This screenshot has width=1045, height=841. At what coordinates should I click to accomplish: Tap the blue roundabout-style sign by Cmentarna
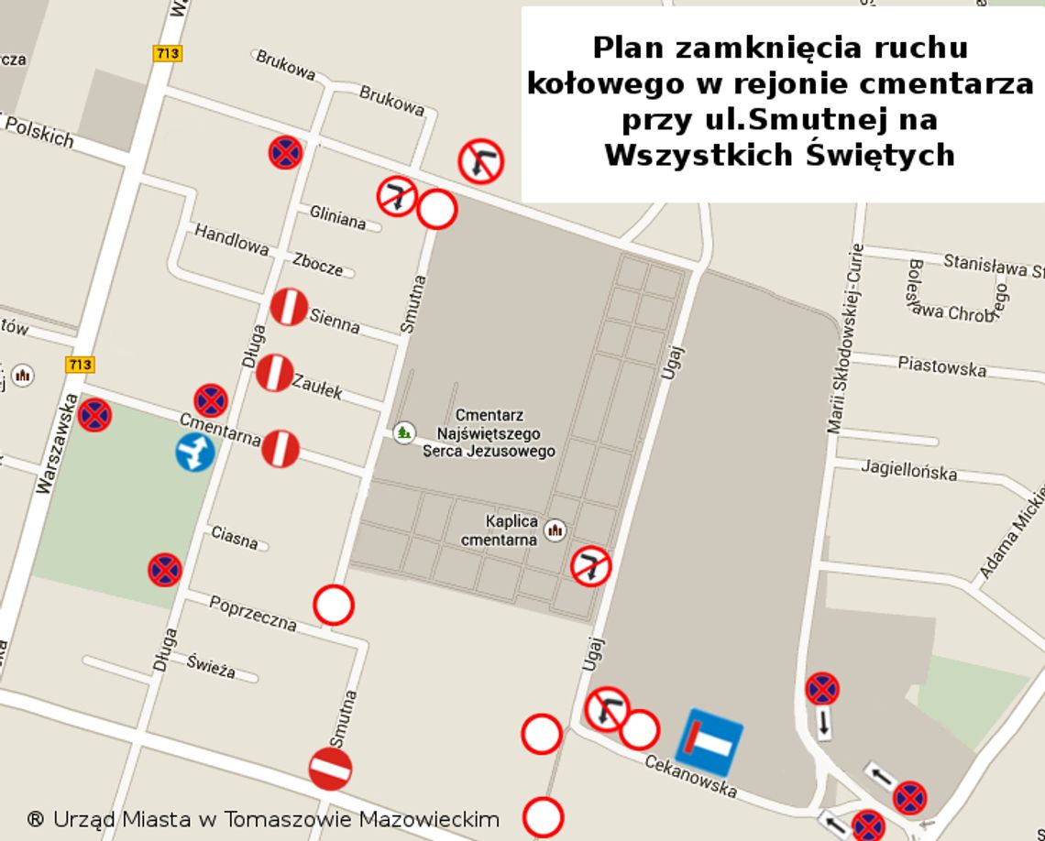(x=195, y=453)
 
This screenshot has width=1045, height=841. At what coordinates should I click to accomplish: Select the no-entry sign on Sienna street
(x=289, y=307)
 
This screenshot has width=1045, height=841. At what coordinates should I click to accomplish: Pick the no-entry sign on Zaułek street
(x=274, y=373)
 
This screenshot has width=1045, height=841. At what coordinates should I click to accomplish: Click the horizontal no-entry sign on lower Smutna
(x=330, y=768)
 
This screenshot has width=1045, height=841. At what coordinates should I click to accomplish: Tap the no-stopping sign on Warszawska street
(x=94, y=415)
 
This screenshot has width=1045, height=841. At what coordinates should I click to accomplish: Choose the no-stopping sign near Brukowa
(x=285, y=152)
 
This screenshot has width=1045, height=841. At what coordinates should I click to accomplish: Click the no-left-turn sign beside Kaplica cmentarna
(x=590, y=565)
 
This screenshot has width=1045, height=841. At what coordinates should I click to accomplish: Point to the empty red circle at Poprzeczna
(x=334, y=605)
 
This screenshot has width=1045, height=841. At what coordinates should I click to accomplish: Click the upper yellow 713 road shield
(x=168, y=54)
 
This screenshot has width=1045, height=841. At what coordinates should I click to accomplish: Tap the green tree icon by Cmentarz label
(x=403, y=431)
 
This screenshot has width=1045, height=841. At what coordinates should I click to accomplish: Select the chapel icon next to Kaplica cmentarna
(x=555, y=530)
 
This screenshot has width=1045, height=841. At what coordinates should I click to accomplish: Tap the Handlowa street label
(x=231, y=239)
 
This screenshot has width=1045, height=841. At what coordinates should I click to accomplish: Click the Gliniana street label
(x=337, y=217)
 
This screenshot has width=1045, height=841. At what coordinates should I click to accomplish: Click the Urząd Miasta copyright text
(x=264, y=818)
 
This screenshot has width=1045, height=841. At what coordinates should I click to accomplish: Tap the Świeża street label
(x=210, y=667)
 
